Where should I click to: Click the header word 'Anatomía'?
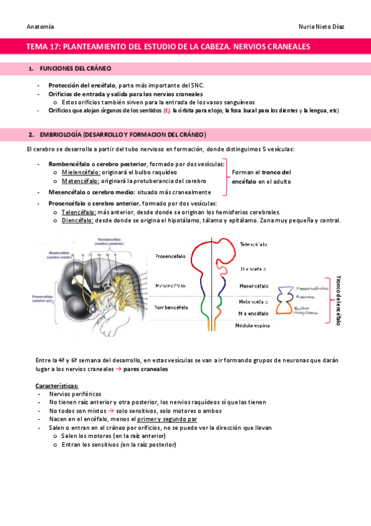pyautogui.click(x=40, y=27)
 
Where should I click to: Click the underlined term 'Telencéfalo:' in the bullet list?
pyautogui.click(x=78, y=212)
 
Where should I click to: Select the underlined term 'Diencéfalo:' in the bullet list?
pyautogui.click(x=77, y=220)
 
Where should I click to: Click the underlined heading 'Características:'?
pyautogui.click(x=57, y=386)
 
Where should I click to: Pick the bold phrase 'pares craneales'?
pyautogui.click(x=146, y=368)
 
